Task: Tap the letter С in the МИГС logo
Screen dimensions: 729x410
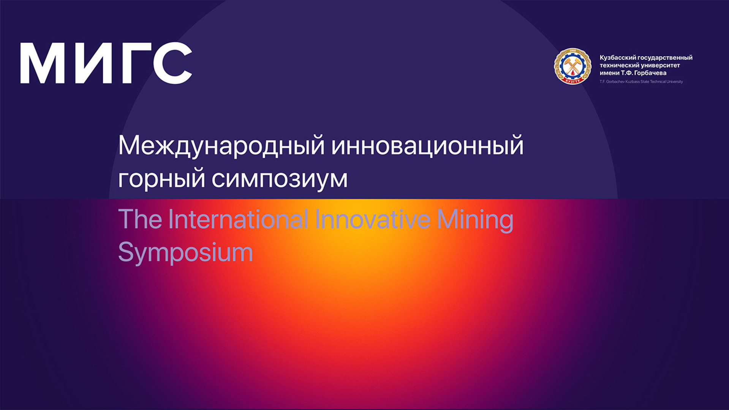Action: click(173, 63)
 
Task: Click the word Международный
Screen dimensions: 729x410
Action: click(221, 146)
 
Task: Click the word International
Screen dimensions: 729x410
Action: click(238, 219)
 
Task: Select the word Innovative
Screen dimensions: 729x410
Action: click(373, 219)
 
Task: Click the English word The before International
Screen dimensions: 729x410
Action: click(140, 219)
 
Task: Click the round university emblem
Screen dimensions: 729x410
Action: click(572, 66)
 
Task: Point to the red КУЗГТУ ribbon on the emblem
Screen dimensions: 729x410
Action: click(572, 80)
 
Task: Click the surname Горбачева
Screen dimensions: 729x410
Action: click(650, 73)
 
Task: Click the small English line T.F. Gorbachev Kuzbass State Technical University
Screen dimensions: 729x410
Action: click(641, 82)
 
